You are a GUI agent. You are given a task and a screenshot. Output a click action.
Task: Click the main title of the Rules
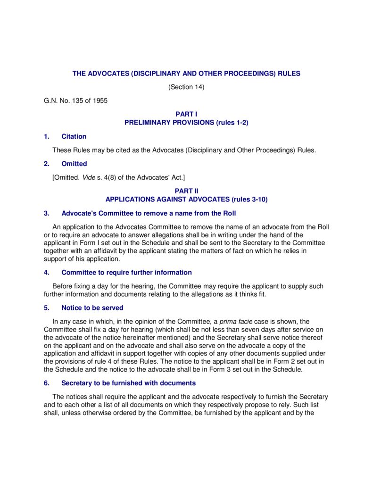(186, 74)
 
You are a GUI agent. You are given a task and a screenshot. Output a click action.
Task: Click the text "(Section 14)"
(186, 87)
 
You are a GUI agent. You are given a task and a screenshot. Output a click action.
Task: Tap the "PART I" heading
(186, 114)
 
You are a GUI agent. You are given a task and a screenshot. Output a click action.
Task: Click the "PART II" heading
(186, 191)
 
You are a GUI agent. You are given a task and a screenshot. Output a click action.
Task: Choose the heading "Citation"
(74, 136)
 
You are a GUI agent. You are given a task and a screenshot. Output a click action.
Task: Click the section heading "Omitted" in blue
(74, 164)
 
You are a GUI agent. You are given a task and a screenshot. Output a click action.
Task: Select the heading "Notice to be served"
(92, 308)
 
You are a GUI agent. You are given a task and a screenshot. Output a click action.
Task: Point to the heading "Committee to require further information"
(126, 272)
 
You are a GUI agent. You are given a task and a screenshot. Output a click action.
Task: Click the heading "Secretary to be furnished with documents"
(128, 383)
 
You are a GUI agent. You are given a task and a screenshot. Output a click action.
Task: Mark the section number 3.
(46, 213)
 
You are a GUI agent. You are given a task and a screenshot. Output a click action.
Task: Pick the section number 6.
(46, 383)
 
